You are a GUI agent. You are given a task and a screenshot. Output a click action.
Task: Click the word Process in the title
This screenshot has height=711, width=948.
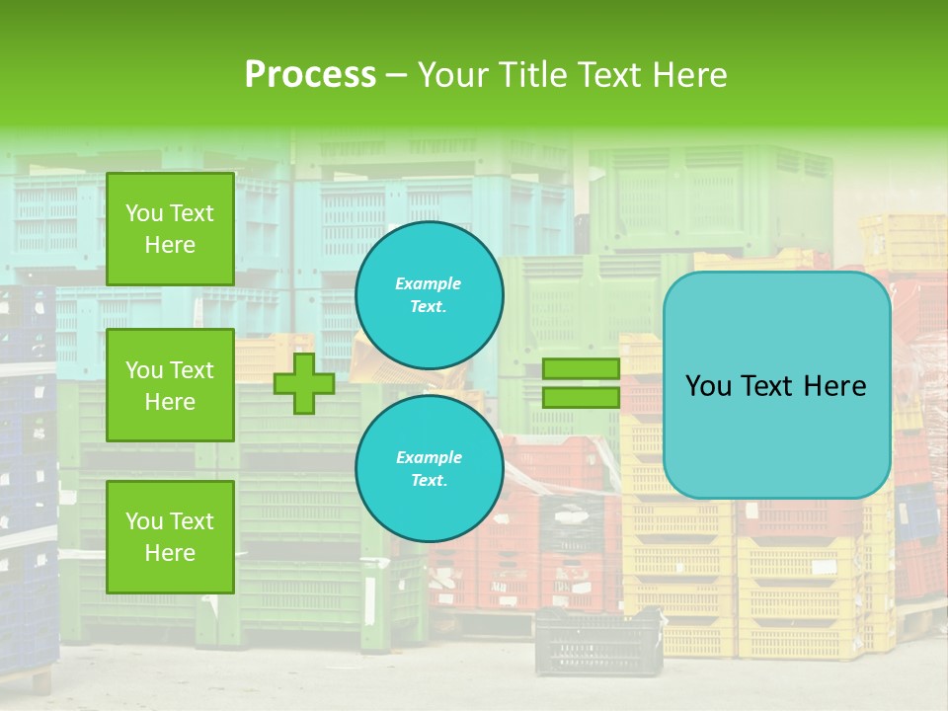coord(310,74)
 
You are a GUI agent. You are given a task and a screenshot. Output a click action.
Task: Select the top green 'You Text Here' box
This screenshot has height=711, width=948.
coord(170,229)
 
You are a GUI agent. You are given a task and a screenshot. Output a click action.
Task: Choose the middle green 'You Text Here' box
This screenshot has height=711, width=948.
coord(170,385)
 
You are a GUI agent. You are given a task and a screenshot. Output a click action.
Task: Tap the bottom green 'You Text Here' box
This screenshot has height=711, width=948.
coord(170,537)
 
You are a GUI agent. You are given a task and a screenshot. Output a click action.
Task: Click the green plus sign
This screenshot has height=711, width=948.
coord(304,383)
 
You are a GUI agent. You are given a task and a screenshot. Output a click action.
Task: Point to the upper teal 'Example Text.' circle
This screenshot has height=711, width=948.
coord(429,295)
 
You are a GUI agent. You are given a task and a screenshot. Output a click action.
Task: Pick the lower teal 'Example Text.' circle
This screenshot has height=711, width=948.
coord(429,469)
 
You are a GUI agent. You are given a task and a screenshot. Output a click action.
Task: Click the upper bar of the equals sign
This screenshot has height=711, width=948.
coord(582,369)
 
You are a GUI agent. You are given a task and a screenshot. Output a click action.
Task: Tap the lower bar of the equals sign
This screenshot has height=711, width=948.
coord(582,397)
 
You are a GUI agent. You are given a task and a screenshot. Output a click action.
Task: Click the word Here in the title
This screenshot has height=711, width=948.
coord(688,75)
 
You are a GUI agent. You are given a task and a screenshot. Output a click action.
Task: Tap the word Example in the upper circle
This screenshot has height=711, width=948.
coord(429,283)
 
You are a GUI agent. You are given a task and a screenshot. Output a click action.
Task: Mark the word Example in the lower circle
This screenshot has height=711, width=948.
coord(429,457)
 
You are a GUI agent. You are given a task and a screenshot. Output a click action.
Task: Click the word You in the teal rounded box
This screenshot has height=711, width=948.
coord(708,386)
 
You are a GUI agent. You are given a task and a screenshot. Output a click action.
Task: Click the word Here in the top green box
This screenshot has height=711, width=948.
coord(170,245)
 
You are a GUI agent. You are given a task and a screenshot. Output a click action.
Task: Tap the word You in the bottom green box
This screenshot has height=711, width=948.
coord(143,521)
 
